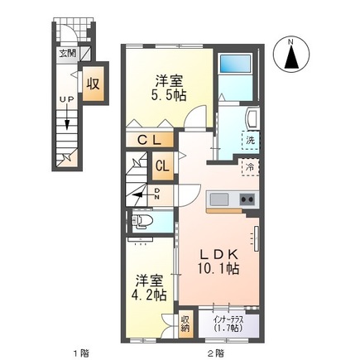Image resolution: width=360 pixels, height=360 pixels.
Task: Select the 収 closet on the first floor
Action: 94,84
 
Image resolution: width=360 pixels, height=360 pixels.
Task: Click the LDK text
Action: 218,255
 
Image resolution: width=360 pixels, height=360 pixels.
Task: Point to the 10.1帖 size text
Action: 218,270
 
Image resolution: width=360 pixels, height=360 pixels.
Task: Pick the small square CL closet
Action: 163,165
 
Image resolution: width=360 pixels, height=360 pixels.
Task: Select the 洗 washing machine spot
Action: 250,141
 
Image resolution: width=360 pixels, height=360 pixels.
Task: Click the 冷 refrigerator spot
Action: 249,167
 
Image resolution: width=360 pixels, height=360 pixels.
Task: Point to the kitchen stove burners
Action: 247,199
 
